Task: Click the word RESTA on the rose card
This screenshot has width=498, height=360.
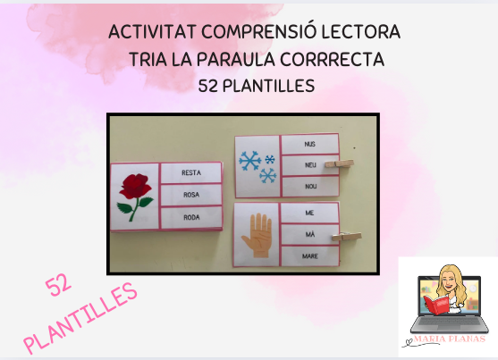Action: [190, 172]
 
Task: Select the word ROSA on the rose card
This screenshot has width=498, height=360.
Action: [190, 194]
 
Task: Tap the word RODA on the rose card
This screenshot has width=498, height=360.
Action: [190, 215]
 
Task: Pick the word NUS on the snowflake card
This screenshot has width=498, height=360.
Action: [310, 142]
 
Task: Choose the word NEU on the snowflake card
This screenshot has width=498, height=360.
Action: [310, 165]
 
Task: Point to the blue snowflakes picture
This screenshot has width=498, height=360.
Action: [257, 164]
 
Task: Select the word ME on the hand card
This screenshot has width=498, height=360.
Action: [309, 214]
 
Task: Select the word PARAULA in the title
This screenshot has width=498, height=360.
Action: [251, 61]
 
